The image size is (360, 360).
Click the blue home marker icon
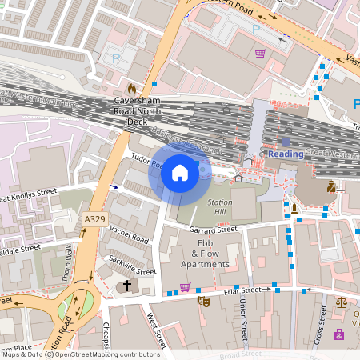point(180,172)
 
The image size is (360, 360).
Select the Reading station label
point(286,154)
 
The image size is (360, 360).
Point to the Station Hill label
point(220,207)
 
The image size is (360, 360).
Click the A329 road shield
point(93,218)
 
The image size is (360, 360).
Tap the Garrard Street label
point(214,230)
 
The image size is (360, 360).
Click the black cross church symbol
point(125,286)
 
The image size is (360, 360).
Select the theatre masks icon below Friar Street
point(203,302)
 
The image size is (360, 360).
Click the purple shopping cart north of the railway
point(260,54)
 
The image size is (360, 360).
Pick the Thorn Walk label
point(67,262)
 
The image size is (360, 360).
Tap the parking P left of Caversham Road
point(117,58)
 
